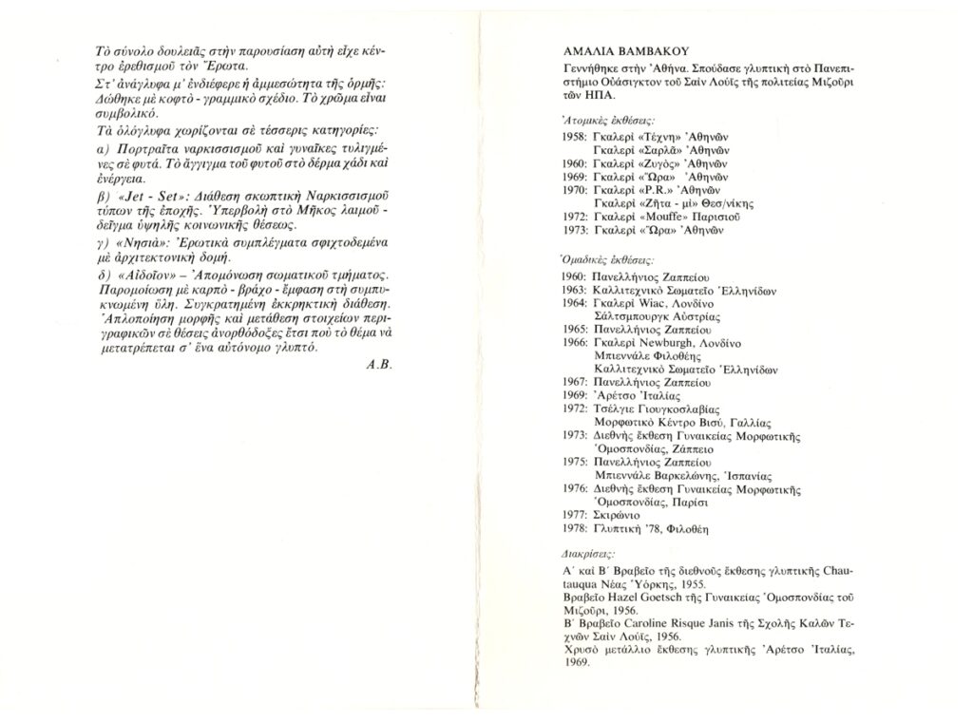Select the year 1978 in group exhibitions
click(575, 527)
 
